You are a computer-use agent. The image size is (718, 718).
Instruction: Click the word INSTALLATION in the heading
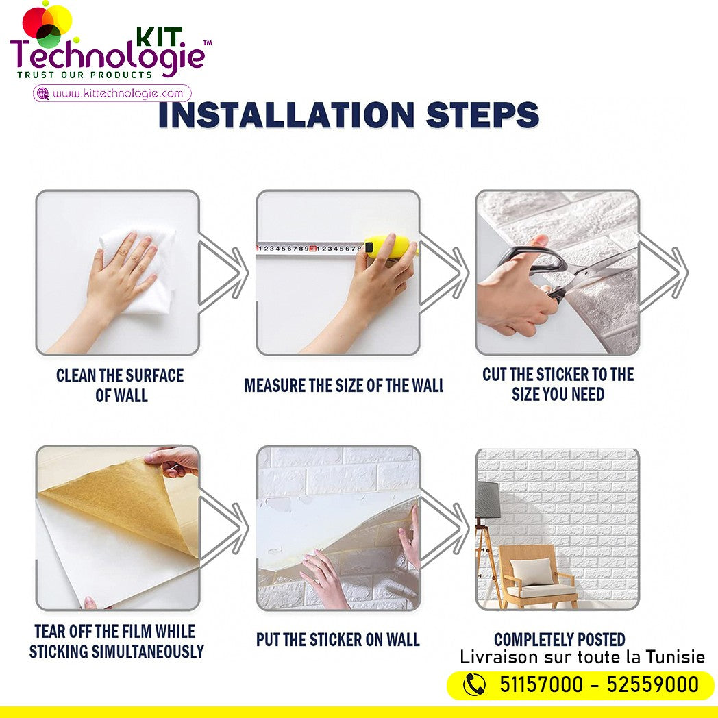286,114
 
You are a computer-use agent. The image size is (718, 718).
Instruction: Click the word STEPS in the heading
482,114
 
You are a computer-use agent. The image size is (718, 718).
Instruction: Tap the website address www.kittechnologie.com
118,93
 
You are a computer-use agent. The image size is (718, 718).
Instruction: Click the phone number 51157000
541,685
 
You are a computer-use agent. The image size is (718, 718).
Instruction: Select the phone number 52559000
653,685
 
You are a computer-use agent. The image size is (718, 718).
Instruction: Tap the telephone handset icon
474,685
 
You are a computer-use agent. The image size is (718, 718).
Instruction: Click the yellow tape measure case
389,247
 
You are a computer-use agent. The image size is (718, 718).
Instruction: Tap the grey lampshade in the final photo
487,500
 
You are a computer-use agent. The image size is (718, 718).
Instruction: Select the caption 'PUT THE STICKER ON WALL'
338,640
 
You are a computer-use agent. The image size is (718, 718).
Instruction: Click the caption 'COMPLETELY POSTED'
560,639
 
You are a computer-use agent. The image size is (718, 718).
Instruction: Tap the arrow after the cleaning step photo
223,273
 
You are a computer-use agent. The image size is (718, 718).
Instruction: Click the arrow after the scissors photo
663,273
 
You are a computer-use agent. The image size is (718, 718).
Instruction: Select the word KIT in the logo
160,38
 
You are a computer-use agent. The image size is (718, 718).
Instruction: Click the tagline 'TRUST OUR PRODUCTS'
85,75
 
